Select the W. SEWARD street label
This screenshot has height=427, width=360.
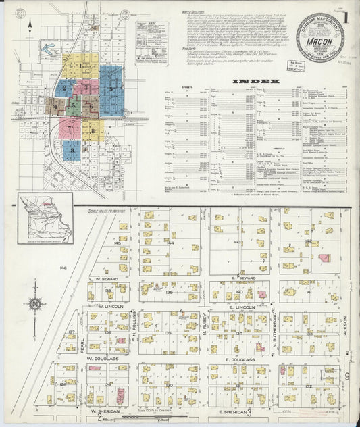click(x=107, y=279)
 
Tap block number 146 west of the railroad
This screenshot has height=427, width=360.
click(x=62, y=268)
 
